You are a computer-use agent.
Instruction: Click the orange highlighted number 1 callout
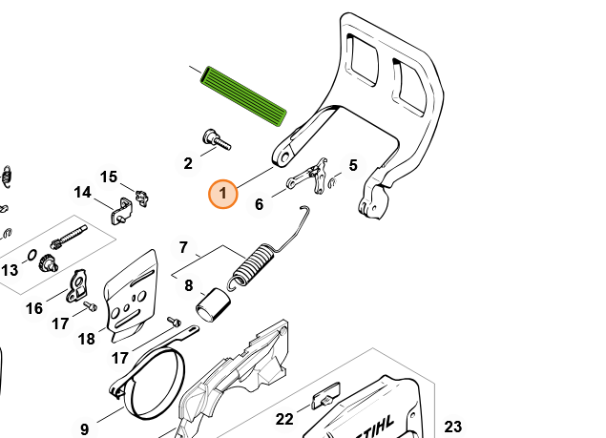(x=223, y=194)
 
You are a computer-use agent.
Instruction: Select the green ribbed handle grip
(x=243, y=96)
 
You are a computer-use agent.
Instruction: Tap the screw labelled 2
(x=216, y=139)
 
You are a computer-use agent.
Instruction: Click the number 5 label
(x=353, y=165)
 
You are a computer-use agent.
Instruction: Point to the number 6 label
(x=260, y=204)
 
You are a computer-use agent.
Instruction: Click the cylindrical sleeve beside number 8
(x=214, y=305)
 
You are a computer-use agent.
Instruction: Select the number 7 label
(x=183, y=247)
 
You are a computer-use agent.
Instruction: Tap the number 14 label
(x=82, y=192)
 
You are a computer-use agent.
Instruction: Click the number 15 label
(x=108, y=177)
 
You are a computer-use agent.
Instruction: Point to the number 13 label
(x=10, y=270)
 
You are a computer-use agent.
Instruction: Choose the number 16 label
(x=34, y=308)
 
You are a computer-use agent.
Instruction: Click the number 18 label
(x=86, y=339)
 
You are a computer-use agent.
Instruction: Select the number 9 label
(x=84, y=429)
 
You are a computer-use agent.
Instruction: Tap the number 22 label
(x=284, y=419)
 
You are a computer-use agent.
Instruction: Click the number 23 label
(x=452, y=427)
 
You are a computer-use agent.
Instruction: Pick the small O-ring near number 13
(x=31, y=255)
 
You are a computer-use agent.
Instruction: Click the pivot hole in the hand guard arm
(x=285, y=156)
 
